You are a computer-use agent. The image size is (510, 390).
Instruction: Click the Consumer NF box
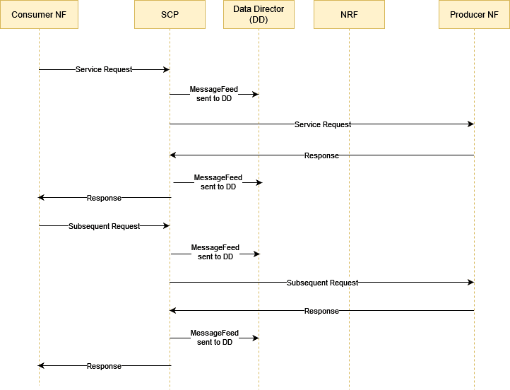point(39,15)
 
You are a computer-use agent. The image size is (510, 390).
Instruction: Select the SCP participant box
point(170,15)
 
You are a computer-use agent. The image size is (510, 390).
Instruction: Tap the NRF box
point(349,15)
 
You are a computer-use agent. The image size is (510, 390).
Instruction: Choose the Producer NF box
point(474,15)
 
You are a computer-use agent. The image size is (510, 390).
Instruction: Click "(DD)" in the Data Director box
point(259,19)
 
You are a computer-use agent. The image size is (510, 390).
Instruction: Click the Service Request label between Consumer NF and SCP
point(104,70)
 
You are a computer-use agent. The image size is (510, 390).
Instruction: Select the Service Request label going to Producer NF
point(323,124)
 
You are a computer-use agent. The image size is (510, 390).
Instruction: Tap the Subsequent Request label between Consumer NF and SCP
point(105,226)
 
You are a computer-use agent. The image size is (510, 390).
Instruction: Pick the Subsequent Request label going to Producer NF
point(322,283)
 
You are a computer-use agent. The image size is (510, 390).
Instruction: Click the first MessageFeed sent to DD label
point(214,94)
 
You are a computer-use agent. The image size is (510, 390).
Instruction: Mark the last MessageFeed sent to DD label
point(214,338)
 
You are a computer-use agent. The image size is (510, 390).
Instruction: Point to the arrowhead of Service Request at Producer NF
point(470,124)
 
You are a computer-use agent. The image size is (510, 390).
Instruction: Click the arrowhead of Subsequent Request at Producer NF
point(470,283)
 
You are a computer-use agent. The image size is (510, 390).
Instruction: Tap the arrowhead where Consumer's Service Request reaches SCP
point(167,70)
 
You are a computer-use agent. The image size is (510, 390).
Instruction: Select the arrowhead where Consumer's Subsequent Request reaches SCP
point(167,226)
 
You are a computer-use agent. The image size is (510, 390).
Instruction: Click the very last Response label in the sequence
point(104,366)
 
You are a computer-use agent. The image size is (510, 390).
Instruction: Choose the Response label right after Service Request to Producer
point(321,155)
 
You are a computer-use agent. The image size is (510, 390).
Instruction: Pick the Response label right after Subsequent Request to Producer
point(321,311)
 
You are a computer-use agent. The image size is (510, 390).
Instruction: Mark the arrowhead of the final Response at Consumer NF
point(42,366)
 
